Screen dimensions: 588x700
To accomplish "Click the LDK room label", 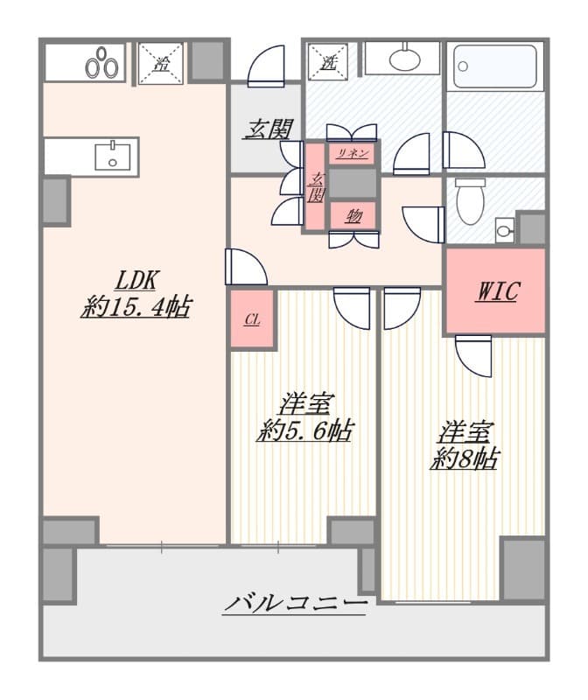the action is click(x=136, y=280).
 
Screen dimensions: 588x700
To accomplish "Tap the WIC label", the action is click(x=498, y=291).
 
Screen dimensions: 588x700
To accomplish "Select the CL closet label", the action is click(x=252, y=320).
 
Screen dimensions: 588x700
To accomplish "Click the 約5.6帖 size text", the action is click(x=305, y=430).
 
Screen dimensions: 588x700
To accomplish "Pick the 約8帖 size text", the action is click(x=465, y=458).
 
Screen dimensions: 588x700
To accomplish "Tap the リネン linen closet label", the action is click(x=353, y=154).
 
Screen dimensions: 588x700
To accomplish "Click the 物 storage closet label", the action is click(x=353, y=216).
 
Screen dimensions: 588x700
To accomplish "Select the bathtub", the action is click(x=495, y=66).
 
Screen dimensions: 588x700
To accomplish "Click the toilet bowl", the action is click(x=470, y=201).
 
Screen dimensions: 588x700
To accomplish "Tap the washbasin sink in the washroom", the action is click(x=404, y=59).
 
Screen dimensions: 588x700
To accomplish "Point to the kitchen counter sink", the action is click(x=113, y=156).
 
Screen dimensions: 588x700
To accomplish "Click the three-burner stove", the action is click(x=102, y=62).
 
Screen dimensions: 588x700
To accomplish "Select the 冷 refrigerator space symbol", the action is click(x=161, y=63).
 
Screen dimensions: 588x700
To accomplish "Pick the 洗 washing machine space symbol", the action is click(x=328, y=62).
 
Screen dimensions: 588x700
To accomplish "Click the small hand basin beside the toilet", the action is click(x=505, y=230).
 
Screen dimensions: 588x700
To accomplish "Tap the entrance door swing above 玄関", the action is click(x=266, y=66).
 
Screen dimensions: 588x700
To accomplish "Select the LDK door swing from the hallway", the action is click(x=246, y=267).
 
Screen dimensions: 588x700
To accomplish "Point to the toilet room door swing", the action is click(x=423, y=225).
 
